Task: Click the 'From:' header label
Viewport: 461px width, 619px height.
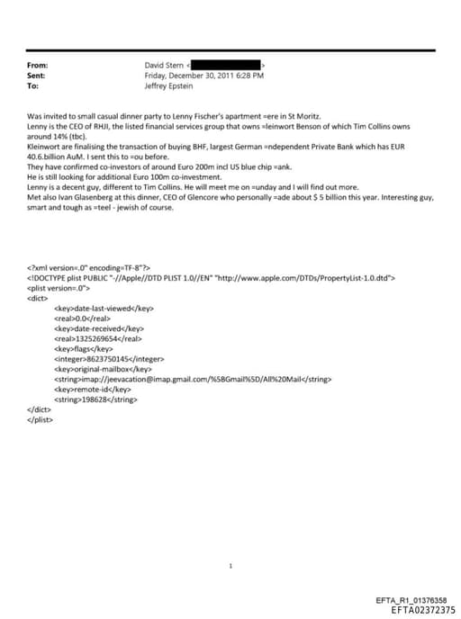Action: pos(38,66)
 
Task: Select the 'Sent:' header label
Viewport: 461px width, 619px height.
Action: pos(37,76)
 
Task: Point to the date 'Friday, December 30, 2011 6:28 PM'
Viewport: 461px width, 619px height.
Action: pos(203,76)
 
